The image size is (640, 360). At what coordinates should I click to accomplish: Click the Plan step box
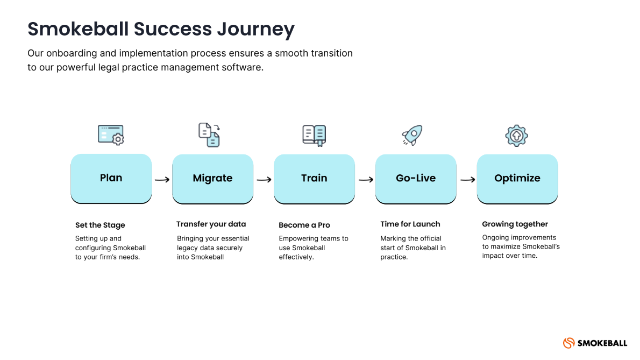click(111, 178)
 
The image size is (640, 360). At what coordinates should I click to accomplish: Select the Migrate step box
click(212, 178)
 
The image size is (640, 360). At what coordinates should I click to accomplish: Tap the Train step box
click(314, 178)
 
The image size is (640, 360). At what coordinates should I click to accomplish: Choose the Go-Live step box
click(416, 178)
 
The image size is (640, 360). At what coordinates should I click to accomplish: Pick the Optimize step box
click(517, 178)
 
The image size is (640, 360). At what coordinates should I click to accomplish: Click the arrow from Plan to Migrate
click(162, 180)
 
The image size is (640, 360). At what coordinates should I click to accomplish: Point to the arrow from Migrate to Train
click(264, 180)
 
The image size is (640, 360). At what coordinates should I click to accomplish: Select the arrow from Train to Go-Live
click(366, 180)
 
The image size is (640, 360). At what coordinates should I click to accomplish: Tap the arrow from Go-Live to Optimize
click(467, 180)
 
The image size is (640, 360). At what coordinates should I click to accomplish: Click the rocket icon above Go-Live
click(412, 135)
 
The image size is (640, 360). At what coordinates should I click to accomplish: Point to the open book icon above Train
click(314, 135)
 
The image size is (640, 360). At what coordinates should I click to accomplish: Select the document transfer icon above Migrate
click(210, 135)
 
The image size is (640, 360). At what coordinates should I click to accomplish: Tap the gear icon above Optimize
click(516, 136)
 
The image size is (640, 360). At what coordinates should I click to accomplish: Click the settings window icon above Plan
click(111, 135)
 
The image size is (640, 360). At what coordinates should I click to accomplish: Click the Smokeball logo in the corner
click(595, 343)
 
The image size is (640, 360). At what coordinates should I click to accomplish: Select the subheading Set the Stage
click(100, 225)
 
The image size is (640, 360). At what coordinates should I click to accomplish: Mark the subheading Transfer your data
click(211, 224)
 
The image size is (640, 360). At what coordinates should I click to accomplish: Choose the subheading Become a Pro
click(304, 225)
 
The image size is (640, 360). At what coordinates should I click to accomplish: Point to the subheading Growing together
click(515, 224)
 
